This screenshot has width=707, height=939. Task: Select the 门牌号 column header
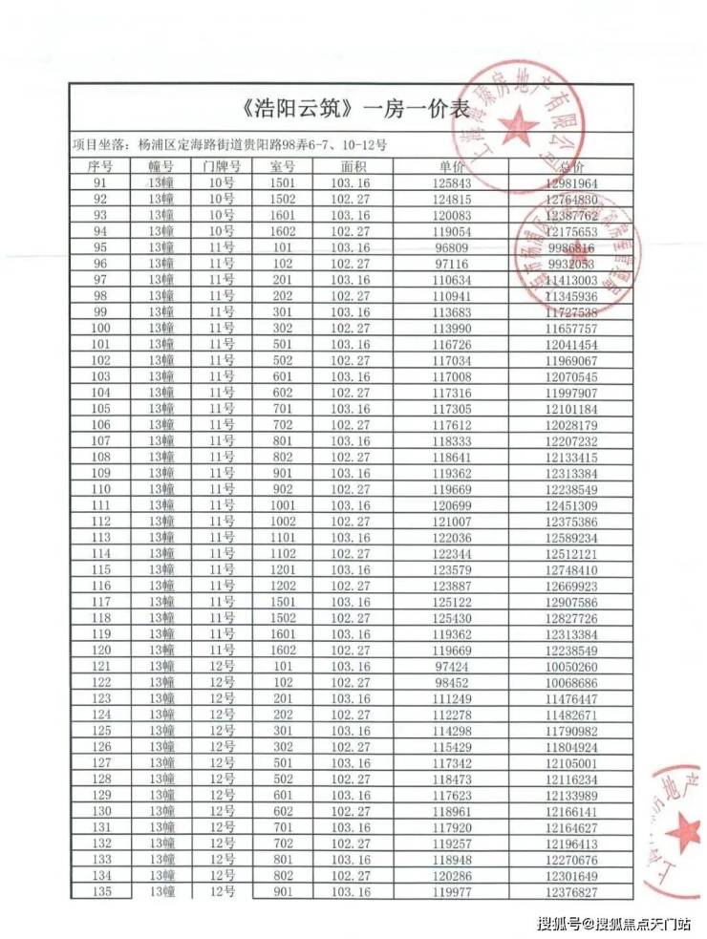(222, 166)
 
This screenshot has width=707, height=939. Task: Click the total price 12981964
(570, 182)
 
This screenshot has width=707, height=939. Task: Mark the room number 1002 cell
(284, 521)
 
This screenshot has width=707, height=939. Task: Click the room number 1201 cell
(284, 569)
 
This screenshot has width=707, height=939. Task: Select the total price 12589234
(570, 537)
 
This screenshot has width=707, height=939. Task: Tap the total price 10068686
(570, 682)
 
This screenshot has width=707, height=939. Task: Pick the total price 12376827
(570, 891)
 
